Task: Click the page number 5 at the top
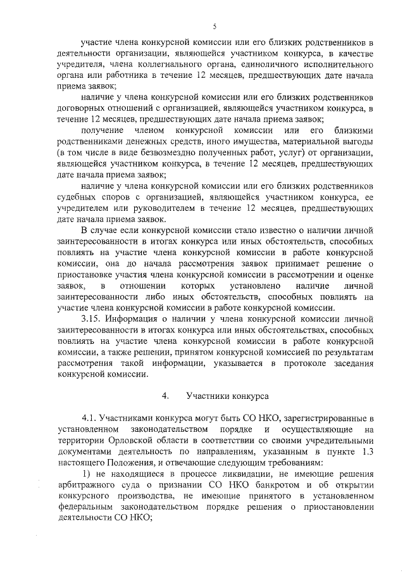pos(215,26)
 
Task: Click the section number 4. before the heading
pos(165,396)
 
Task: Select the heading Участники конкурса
pos(219,396)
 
